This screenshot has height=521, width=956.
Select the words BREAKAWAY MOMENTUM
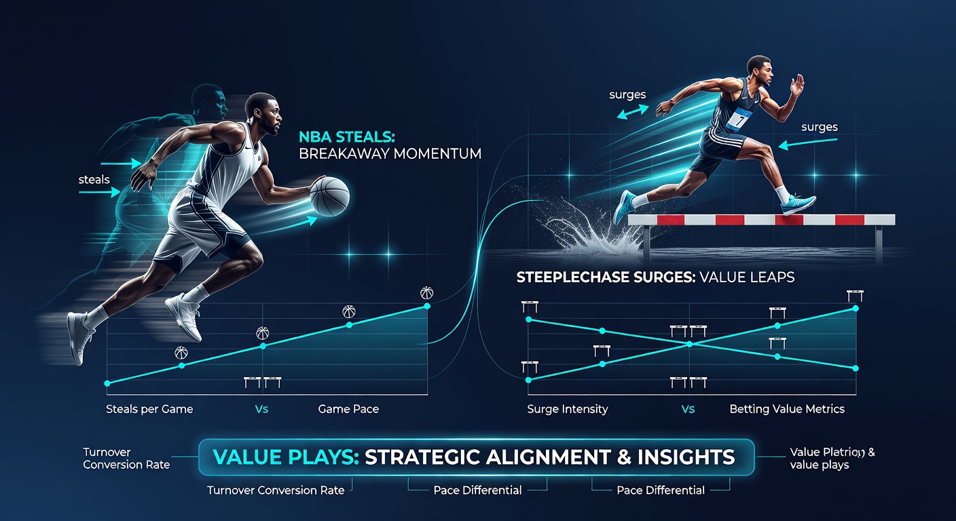coord(390,154)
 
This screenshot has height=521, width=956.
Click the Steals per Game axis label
coord(149,409)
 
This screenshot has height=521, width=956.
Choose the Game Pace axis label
coord(348,409)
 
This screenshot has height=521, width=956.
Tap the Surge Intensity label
coord(567,409)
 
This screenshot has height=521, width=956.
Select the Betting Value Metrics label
coord(787,409)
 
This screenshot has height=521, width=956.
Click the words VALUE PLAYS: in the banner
coord(285,457)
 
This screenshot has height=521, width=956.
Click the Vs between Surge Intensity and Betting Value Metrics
coord(687,409)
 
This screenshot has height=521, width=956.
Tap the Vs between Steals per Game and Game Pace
coord(261,409)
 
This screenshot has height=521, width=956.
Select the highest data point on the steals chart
coord(427,306)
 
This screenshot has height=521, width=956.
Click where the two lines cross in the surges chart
coord(690,344)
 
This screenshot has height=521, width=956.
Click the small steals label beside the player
coord(94,180)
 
